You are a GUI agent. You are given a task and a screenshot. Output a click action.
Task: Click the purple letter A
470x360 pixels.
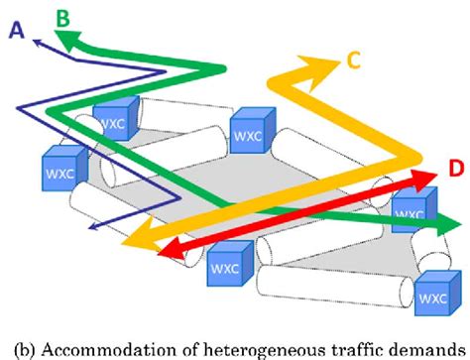point(15,31)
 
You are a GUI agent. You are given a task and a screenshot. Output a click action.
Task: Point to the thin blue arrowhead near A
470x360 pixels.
point(37,43)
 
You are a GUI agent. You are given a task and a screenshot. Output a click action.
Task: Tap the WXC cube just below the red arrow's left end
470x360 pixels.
point(227,266)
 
